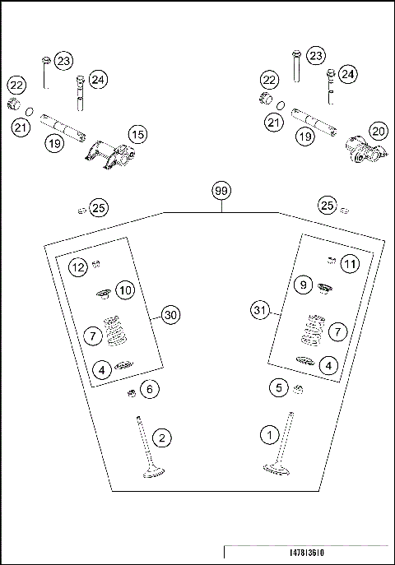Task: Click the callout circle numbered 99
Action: [221, 190]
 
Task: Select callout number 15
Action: [137, 133]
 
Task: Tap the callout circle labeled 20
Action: [378, 131]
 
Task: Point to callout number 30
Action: [170, 315]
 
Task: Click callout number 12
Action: [77, 267]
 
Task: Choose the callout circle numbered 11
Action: [351, 264]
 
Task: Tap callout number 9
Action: [303, 285]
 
